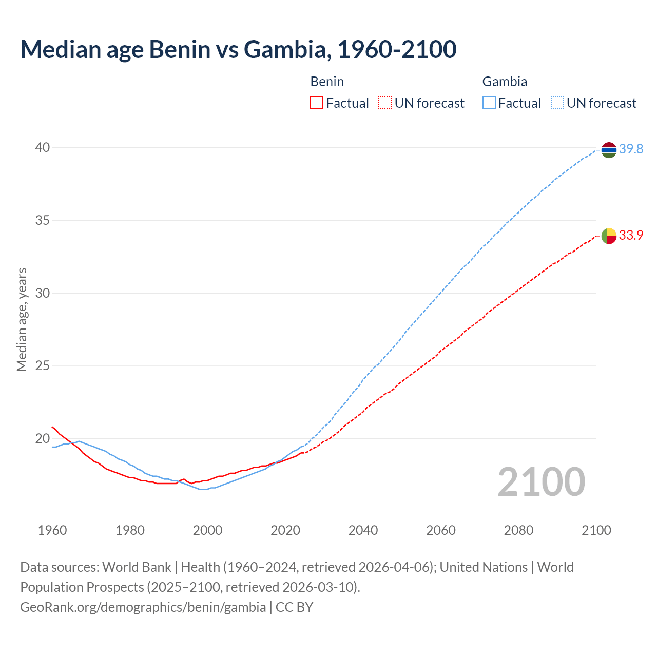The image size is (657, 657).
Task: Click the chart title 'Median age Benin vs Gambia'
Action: (238, 49)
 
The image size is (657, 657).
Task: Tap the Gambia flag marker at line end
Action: (609, 149)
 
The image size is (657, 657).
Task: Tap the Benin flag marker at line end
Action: (609, 236)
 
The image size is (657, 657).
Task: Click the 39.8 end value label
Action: (631, 149)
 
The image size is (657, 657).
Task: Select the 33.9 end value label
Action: (631, 236)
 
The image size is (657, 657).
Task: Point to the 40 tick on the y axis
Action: (43, 148)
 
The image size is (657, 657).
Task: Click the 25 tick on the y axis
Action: (43, 366)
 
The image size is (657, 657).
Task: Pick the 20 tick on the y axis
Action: (43, 439)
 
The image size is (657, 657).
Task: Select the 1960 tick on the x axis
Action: (52, 530)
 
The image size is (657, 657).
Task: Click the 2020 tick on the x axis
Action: (285, 530)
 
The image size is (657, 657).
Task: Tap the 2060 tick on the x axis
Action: (441, 530)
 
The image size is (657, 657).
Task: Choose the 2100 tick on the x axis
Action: (596, 530)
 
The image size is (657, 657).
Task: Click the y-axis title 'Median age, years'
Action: (22, 319)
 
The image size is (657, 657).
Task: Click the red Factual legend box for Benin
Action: (317, 103)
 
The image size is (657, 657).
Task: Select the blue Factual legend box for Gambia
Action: (489, 103)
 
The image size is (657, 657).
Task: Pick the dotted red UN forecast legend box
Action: (385, 103)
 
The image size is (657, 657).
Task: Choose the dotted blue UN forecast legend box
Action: (557, 103)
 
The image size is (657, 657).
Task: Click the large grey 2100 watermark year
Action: (542, 482)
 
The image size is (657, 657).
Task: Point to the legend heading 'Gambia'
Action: (505, 82)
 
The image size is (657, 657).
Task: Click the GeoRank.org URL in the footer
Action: (143, 607)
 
